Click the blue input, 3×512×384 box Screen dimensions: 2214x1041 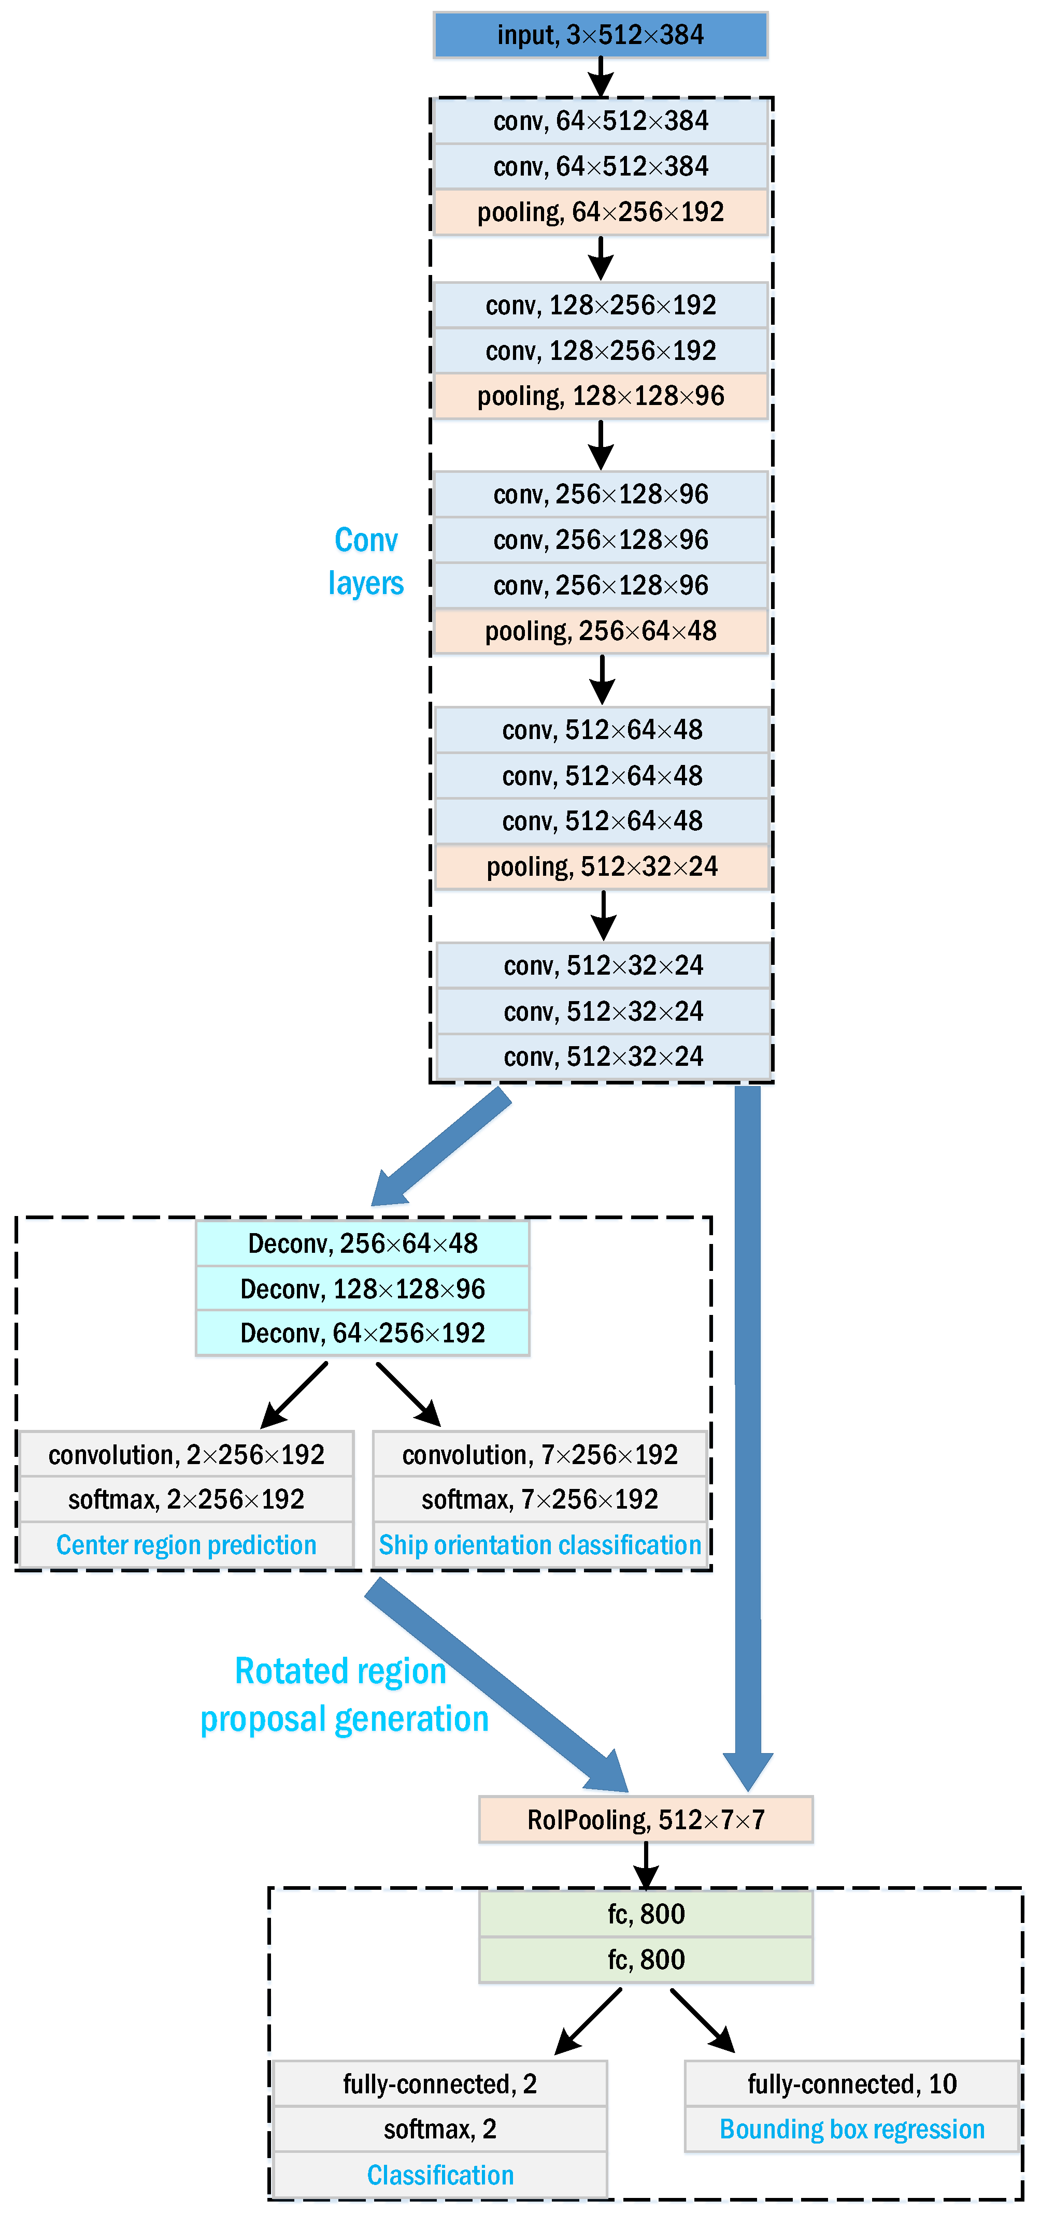[x=600, y=35]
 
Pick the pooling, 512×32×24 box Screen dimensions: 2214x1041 [x=602, y=867]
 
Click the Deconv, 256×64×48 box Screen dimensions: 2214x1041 [x=362, y=1243]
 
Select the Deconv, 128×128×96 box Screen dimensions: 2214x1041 [x=362, y=1289]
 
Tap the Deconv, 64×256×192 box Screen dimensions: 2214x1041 [x=362, y=1333]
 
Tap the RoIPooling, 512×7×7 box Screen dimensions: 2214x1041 [x=646, y=1819]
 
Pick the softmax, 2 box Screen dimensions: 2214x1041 [x=439, y=2130]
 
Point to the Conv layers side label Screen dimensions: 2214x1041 [x=366, y=562]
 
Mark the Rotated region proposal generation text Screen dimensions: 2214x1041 [x=344, y=1696]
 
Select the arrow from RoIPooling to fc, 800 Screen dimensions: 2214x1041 [x=646, y=1865]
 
